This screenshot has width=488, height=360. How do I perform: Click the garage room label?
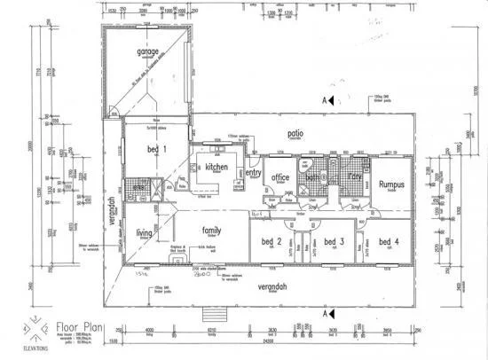tap(147, 52)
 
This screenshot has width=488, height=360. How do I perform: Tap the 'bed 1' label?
tap(156, 150)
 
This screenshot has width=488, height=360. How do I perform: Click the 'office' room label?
tap(281, 176)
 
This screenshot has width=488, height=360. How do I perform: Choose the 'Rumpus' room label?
tap(391, 184)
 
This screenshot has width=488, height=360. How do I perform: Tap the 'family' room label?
tap(211, 228)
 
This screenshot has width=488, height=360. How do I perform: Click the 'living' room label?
tap(144, 233)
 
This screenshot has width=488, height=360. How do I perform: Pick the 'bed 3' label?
tap(334, 241)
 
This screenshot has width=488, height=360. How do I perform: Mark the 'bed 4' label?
tap(388, 241)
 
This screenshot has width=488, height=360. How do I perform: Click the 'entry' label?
tap(254, 173)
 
